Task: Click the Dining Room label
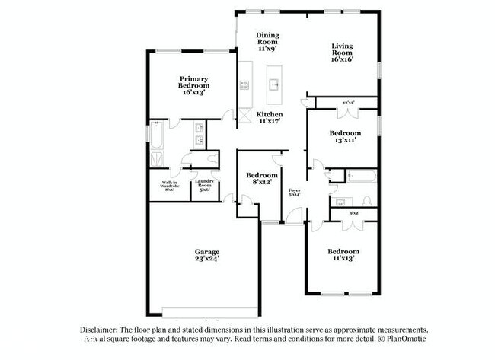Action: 267,41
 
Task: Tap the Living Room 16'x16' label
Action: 341,53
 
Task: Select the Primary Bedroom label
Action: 194,83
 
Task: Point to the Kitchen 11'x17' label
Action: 270,117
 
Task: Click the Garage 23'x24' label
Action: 206,255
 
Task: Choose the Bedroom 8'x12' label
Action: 262,179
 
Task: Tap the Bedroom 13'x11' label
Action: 343,136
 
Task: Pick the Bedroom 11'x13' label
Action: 343,254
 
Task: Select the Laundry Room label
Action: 204,185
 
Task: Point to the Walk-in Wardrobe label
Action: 169,185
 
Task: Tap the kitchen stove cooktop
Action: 244,85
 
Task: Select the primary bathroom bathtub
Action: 157,138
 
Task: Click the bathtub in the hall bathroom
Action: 359,177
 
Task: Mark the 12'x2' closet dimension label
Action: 349,101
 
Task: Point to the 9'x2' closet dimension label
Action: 353,213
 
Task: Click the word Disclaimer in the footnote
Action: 102,329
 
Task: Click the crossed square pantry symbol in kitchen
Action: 244,116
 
